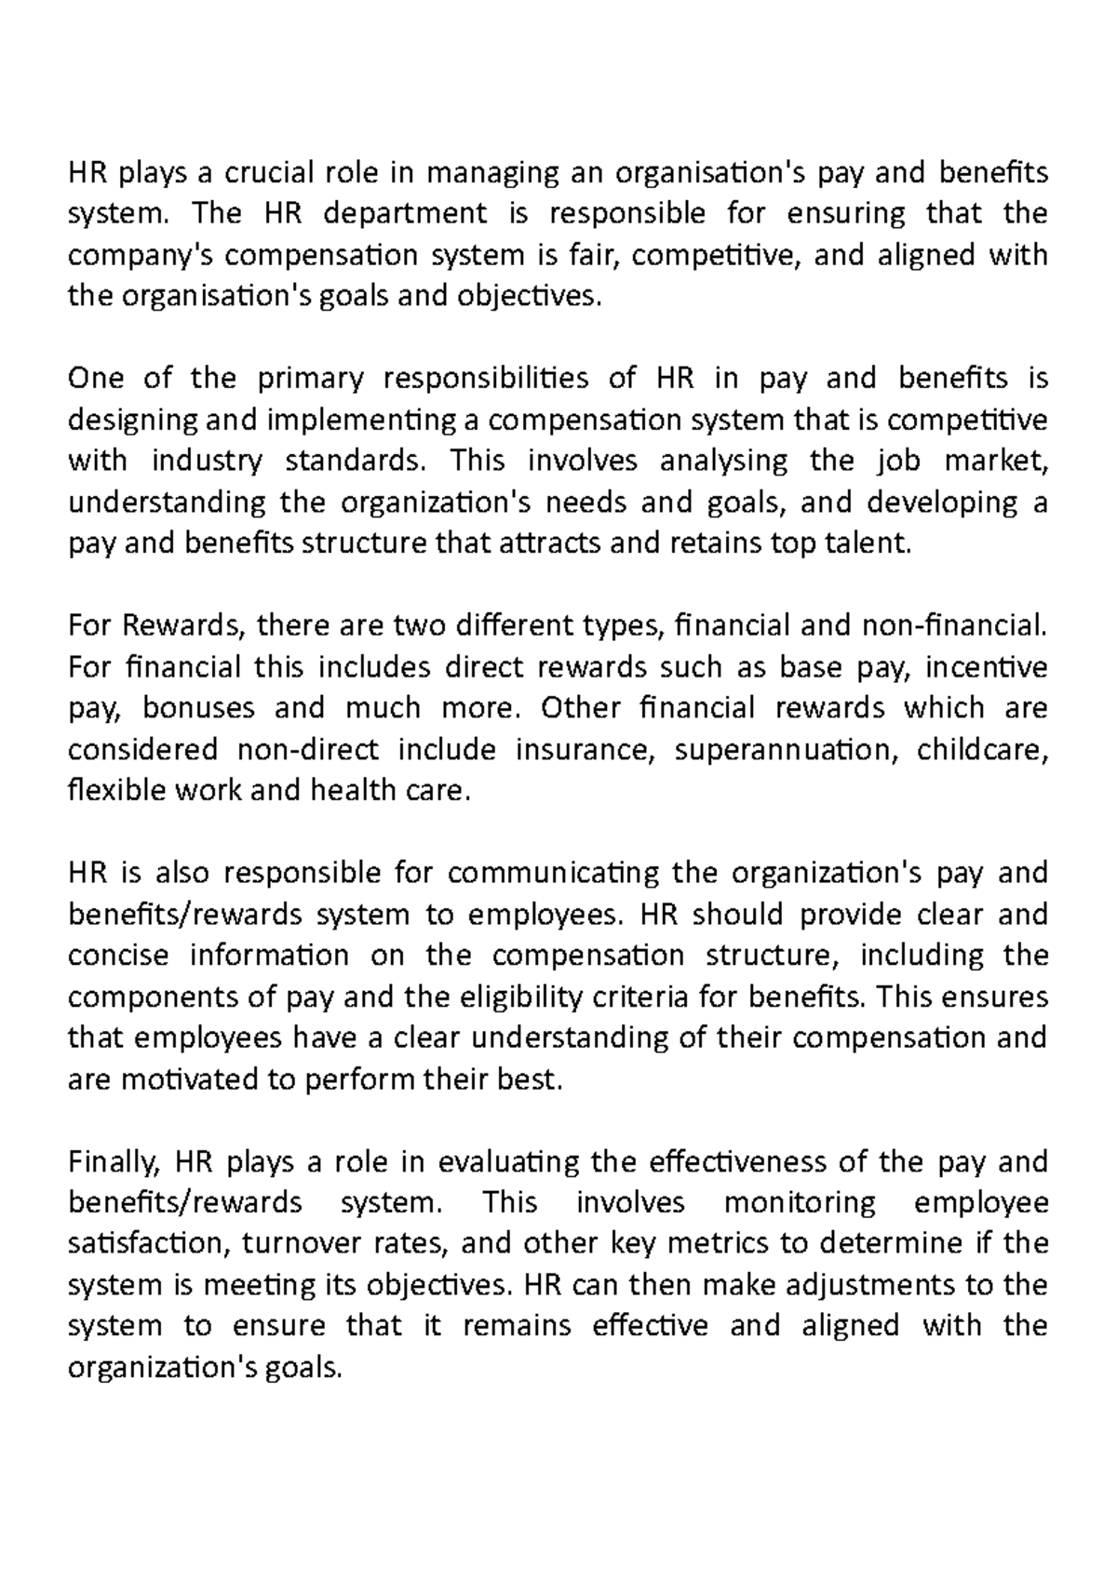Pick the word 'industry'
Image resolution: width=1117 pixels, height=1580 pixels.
207,462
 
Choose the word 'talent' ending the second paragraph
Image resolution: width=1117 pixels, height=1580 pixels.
863,543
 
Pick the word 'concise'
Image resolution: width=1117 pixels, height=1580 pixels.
119,956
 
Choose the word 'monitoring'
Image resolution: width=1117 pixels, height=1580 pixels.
800,1203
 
